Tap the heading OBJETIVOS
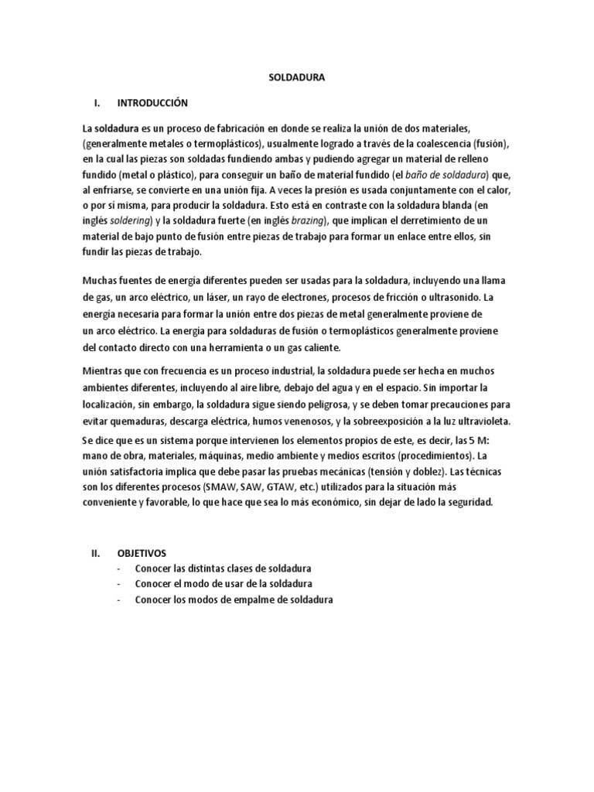(141, 553)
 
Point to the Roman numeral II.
(96, 553)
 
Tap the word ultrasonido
(464, 297)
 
